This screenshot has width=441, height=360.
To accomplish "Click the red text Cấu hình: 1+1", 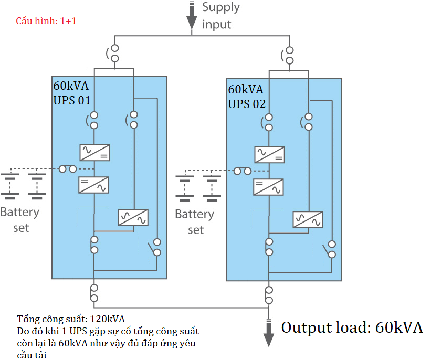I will (46, 22).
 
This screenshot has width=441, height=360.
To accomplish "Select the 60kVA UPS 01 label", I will (72, 93).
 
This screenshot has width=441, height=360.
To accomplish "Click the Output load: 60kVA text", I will (352, 328).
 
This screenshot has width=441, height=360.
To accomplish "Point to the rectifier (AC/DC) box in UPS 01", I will (94, 152).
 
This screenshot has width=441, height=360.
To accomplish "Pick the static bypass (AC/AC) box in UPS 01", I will (133, 217).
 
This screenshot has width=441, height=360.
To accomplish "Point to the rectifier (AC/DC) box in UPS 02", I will (269, 155).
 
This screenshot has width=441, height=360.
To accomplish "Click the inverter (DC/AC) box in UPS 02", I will (269, 187).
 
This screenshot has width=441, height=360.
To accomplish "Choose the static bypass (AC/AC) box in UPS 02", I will (308, 219).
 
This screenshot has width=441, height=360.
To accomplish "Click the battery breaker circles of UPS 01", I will (68, 169).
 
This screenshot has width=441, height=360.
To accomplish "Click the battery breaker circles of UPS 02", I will (243, 171).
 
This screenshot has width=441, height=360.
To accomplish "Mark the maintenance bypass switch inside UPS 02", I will (331, 249).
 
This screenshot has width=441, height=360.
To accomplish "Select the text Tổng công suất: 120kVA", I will (71, 319).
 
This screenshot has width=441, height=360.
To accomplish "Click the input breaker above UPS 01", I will (114, 54).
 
